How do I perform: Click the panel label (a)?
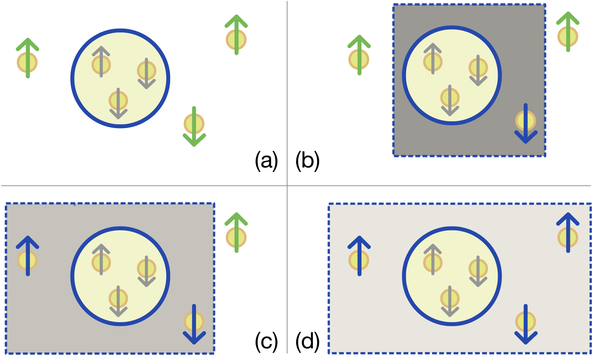(266, 161)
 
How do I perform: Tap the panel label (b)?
(308, 161)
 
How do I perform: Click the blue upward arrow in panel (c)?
(28, 256)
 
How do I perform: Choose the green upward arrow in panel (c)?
(236, 233)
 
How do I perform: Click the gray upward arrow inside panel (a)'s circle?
(101, 62)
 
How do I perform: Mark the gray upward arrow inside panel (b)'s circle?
(433, 59)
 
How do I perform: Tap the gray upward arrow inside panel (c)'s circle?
(101, 260)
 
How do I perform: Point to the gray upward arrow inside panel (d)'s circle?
(433, 260)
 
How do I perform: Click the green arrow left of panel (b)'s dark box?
(359, 55)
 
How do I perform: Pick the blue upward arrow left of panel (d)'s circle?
(359, 256)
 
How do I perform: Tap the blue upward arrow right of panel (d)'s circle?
(568, 233)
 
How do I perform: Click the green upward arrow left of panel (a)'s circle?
(28, 58)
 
